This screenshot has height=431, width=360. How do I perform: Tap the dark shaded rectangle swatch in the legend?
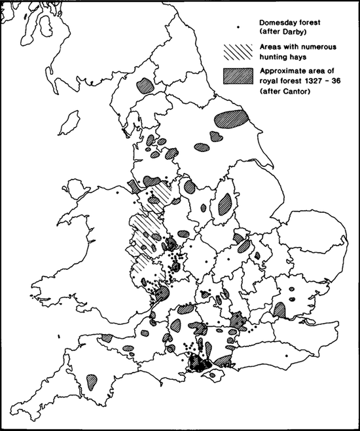(x=238, y=74)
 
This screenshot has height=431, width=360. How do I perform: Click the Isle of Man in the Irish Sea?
(x=65, y=123)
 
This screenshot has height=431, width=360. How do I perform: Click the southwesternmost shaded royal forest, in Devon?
(x=90, y=379)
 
